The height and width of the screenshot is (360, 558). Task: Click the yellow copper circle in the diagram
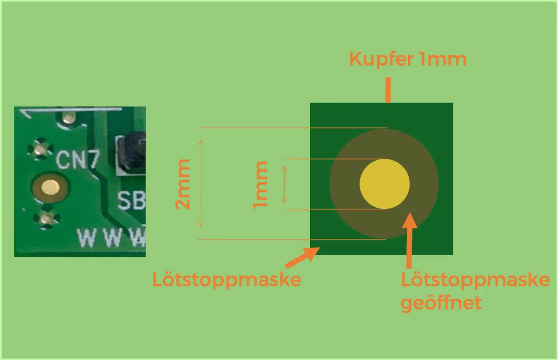coord(385,183)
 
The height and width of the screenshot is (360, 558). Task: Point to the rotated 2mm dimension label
coord(183,184)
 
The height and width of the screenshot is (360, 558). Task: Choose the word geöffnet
coord(440,303)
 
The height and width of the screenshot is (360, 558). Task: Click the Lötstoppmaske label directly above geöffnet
coord(474,281)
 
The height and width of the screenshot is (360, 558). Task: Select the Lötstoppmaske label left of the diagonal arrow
coord(227,280)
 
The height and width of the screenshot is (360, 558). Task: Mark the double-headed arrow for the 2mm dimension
coord(201,183)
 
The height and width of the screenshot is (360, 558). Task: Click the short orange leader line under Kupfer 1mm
coord(387,90)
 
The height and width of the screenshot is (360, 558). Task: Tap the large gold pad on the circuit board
coord(48,188)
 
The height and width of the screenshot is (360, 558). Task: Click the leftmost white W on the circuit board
coord(87,238)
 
